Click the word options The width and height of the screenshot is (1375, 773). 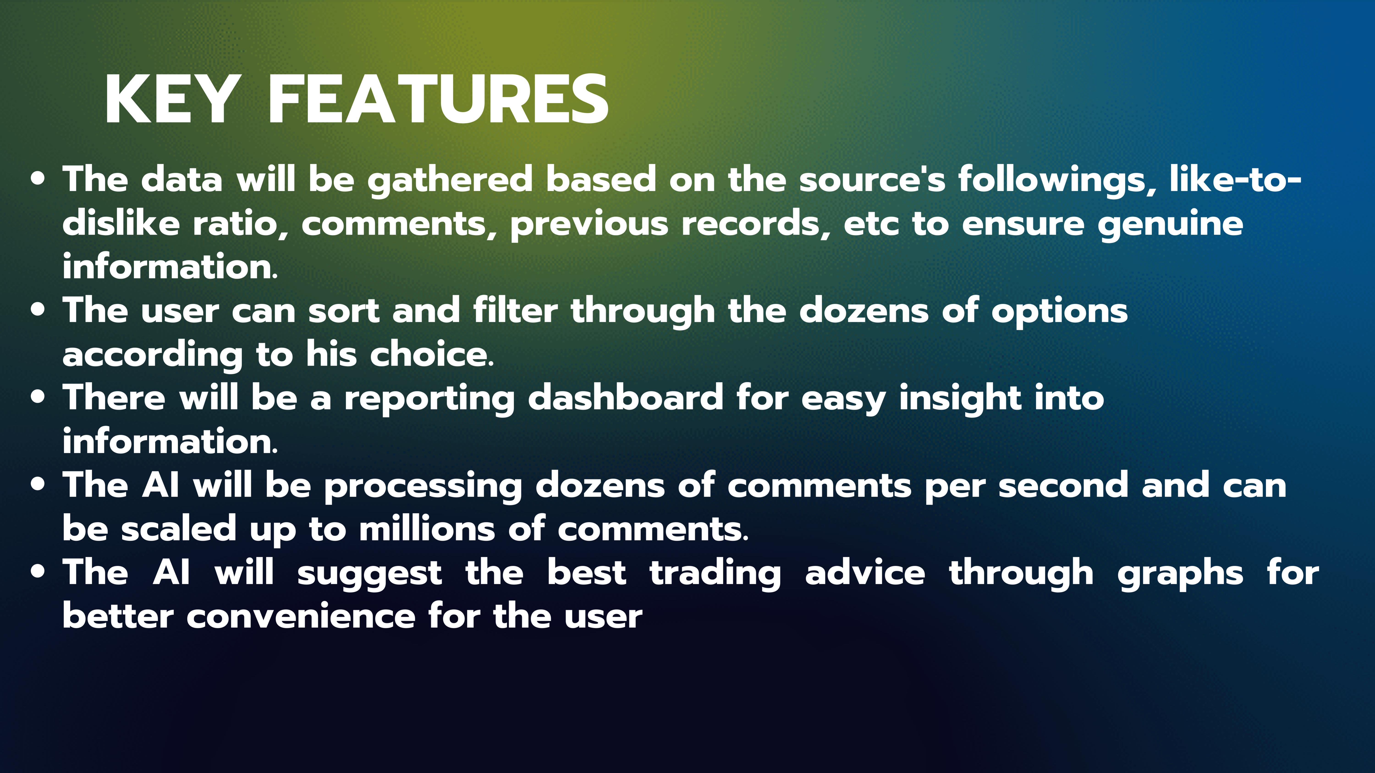coord(1059,312)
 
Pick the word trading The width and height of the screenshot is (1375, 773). coord(715,574)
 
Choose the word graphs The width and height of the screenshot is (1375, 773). coord(1180,574)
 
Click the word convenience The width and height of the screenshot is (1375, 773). coord(301,617)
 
